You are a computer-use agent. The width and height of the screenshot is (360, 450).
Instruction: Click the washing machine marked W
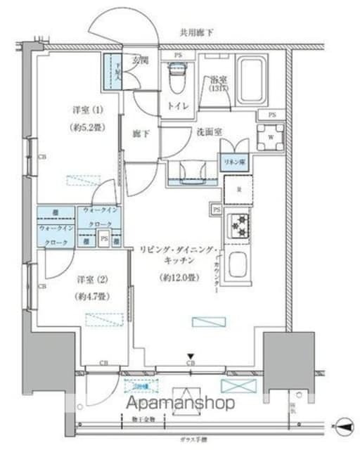[270, 137]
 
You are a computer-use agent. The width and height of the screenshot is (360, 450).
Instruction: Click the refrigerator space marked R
[236, 189]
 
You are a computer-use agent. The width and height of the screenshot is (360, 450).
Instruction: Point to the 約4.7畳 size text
[89, 296]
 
